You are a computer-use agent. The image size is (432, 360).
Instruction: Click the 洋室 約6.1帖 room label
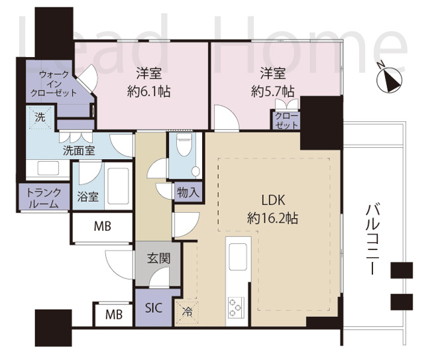(x=148, y=83)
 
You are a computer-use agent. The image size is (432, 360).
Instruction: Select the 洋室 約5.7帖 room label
(x=272, y=83)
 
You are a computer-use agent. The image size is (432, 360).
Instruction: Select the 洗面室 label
(x=78, y=150)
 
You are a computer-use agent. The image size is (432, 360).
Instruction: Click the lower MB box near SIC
(x=113, y=315)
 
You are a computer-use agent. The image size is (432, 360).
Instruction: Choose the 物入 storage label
(x=188, y=193)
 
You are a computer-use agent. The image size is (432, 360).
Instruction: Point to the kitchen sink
(x=237, y=254)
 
